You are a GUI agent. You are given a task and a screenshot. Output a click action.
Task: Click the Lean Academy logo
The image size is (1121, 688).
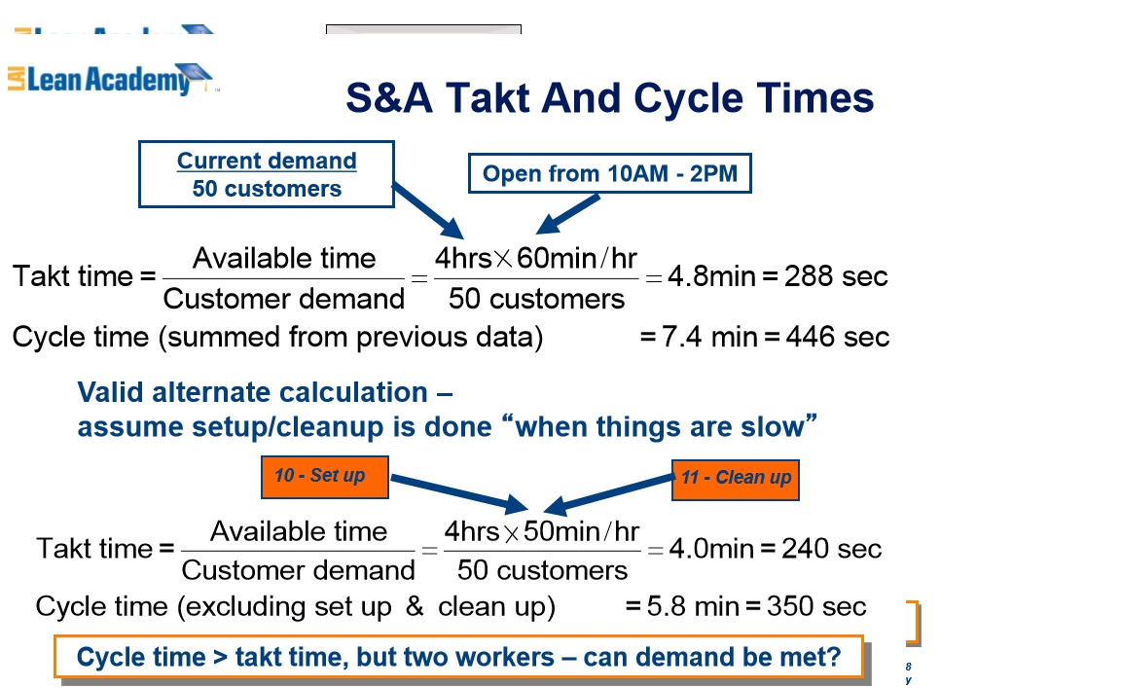pyautogui.click(x=112, y=78)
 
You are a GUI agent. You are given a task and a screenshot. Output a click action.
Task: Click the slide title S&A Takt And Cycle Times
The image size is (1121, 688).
pyautogui.click(x=610, y=98)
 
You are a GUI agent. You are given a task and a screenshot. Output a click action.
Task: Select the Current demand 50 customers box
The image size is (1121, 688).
pyautogui.click(x=267, y=174)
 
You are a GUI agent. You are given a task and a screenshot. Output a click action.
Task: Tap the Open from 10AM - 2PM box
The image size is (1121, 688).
pyautogui.click(x=610, y=174)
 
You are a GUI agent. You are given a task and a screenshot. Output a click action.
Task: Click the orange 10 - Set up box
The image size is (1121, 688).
pyautogui.click(x=325, y=476)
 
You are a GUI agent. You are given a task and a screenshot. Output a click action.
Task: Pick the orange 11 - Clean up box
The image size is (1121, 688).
pyautogui.click(x=736, y=478)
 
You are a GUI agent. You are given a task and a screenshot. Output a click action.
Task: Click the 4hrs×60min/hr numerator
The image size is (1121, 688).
pyautogui.click(x=536, y=259)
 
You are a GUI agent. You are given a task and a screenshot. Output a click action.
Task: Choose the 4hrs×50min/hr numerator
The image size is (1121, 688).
pyautogui.click(x=542, y=532)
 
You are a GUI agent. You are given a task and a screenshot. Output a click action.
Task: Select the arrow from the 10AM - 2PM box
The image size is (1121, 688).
pyautogui.click(x=569, y=214)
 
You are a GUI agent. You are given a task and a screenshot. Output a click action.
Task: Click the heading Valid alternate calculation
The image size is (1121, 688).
pyautogui.click(x=265, y=393)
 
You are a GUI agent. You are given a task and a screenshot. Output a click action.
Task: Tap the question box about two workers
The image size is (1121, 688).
pyautogui.click(x=458, y=657)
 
